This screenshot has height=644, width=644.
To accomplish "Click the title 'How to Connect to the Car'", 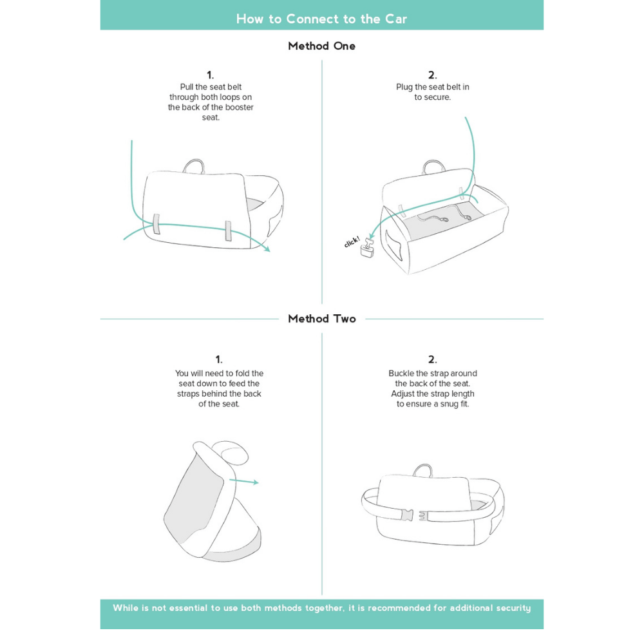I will tap(321, 19).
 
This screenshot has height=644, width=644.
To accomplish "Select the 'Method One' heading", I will tap(321, 46).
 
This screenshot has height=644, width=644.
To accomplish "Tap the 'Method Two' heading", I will tap(321, 319).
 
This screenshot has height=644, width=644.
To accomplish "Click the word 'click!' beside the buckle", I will tap(352, 242).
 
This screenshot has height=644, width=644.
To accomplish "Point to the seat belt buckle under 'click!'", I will tap(368, 249).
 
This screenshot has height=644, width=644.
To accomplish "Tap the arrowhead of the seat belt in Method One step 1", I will tap(267, 249).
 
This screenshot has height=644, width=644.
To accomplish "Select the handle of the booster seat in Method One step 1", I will tap(193, 166).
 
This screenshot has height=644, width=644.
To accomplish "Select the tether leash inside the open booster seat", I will tap(451, 216).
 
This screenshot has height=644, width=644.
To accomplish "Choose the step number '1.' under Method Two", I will tap(219, 359).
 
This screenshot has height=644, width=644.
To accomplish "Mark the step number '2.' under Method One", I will tap(432, 75).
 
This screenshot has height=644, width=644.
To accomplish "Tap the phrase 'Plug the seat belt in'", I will tap(432, 87).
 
